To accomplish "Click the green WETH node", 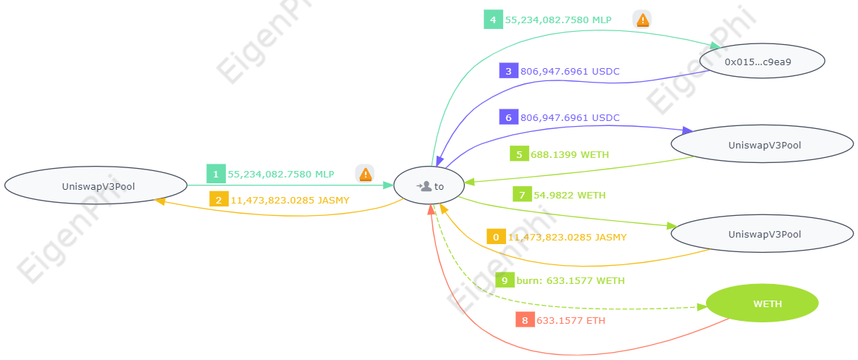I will pos(762,304).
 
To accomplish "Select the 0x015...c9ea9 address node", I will pos(762,62).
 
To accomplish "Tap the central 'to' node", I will pos(430,186).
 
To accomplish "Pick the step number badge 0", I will pos(496,237).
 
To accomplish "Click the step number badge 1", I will pos(216,174).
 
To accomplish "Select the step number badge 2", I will pos(219,199).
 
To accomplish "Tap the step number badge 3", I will pos(508,71).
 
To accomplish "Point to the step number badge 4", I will pos(493,20).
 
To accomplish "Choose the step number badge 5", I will pos(519,154).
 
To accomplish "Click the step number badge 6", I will pos(508,117).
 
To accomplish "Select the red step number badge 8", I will pos(525,320).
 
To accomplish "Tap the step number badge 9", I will pos(505,280).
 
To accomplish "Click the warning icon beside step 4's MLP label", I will pos(642,20).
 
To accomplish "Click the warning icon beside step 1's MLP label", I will pos(366,174).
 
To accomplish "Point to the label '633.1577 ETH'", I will pos(571,320).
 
